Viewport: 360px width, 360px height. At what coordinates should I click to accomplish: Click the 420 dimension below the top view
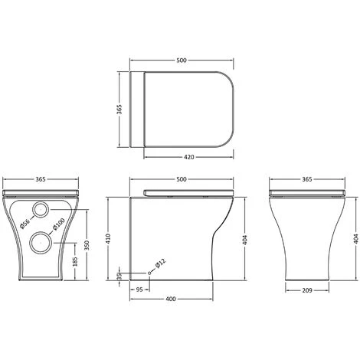pos(189,157)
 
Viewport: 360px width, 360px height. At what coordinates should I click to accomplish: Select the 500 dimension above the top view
pos(182,61)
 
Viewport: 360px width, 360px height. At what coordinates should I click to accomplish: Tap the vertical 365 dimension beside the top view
pos(119,110)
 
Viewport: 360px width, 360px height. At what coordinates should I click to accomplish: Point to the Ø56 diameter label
pos(25,224)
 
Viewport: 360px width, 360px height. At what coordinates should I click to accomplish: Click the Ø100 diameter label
pos(58,224)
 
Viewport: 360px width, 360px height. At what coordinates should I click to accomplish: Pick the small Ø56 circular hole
pos(41,209)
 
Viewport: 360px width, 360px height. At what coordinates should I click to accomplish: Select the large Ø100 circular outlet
pos(41,243)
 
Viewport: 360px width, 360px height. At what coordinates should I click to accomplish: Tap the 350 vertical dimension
pos(87,245)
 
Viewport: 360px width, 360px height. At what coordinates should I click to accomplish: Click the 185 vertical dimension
pos(75,262)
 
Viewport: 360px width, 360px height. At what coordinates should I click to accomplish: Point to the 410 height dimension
pos(108,239)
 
